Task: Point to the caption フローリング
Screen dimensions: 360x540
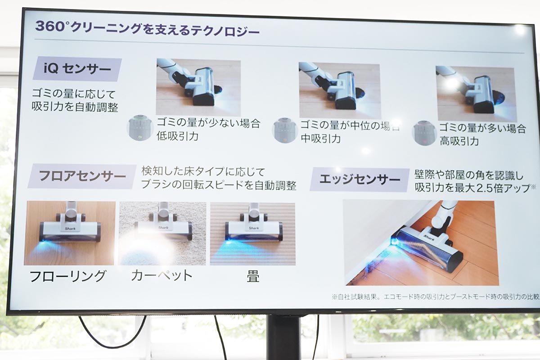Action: (67, 275)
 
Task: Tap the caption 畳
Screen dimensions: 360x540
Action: (253, 276)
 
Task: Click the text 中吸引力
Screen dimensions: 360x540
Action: (320, 139)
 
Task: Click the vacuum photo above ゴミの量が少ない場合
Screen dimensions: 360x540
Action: (198, 87)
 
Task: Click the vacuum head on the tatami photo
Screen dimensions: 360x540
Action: (254, 229)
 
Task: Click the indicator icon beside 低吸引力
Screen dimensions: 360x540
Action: (139, 129)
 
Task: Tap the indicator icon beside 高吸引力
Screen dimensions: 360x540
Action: (424, 133)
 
